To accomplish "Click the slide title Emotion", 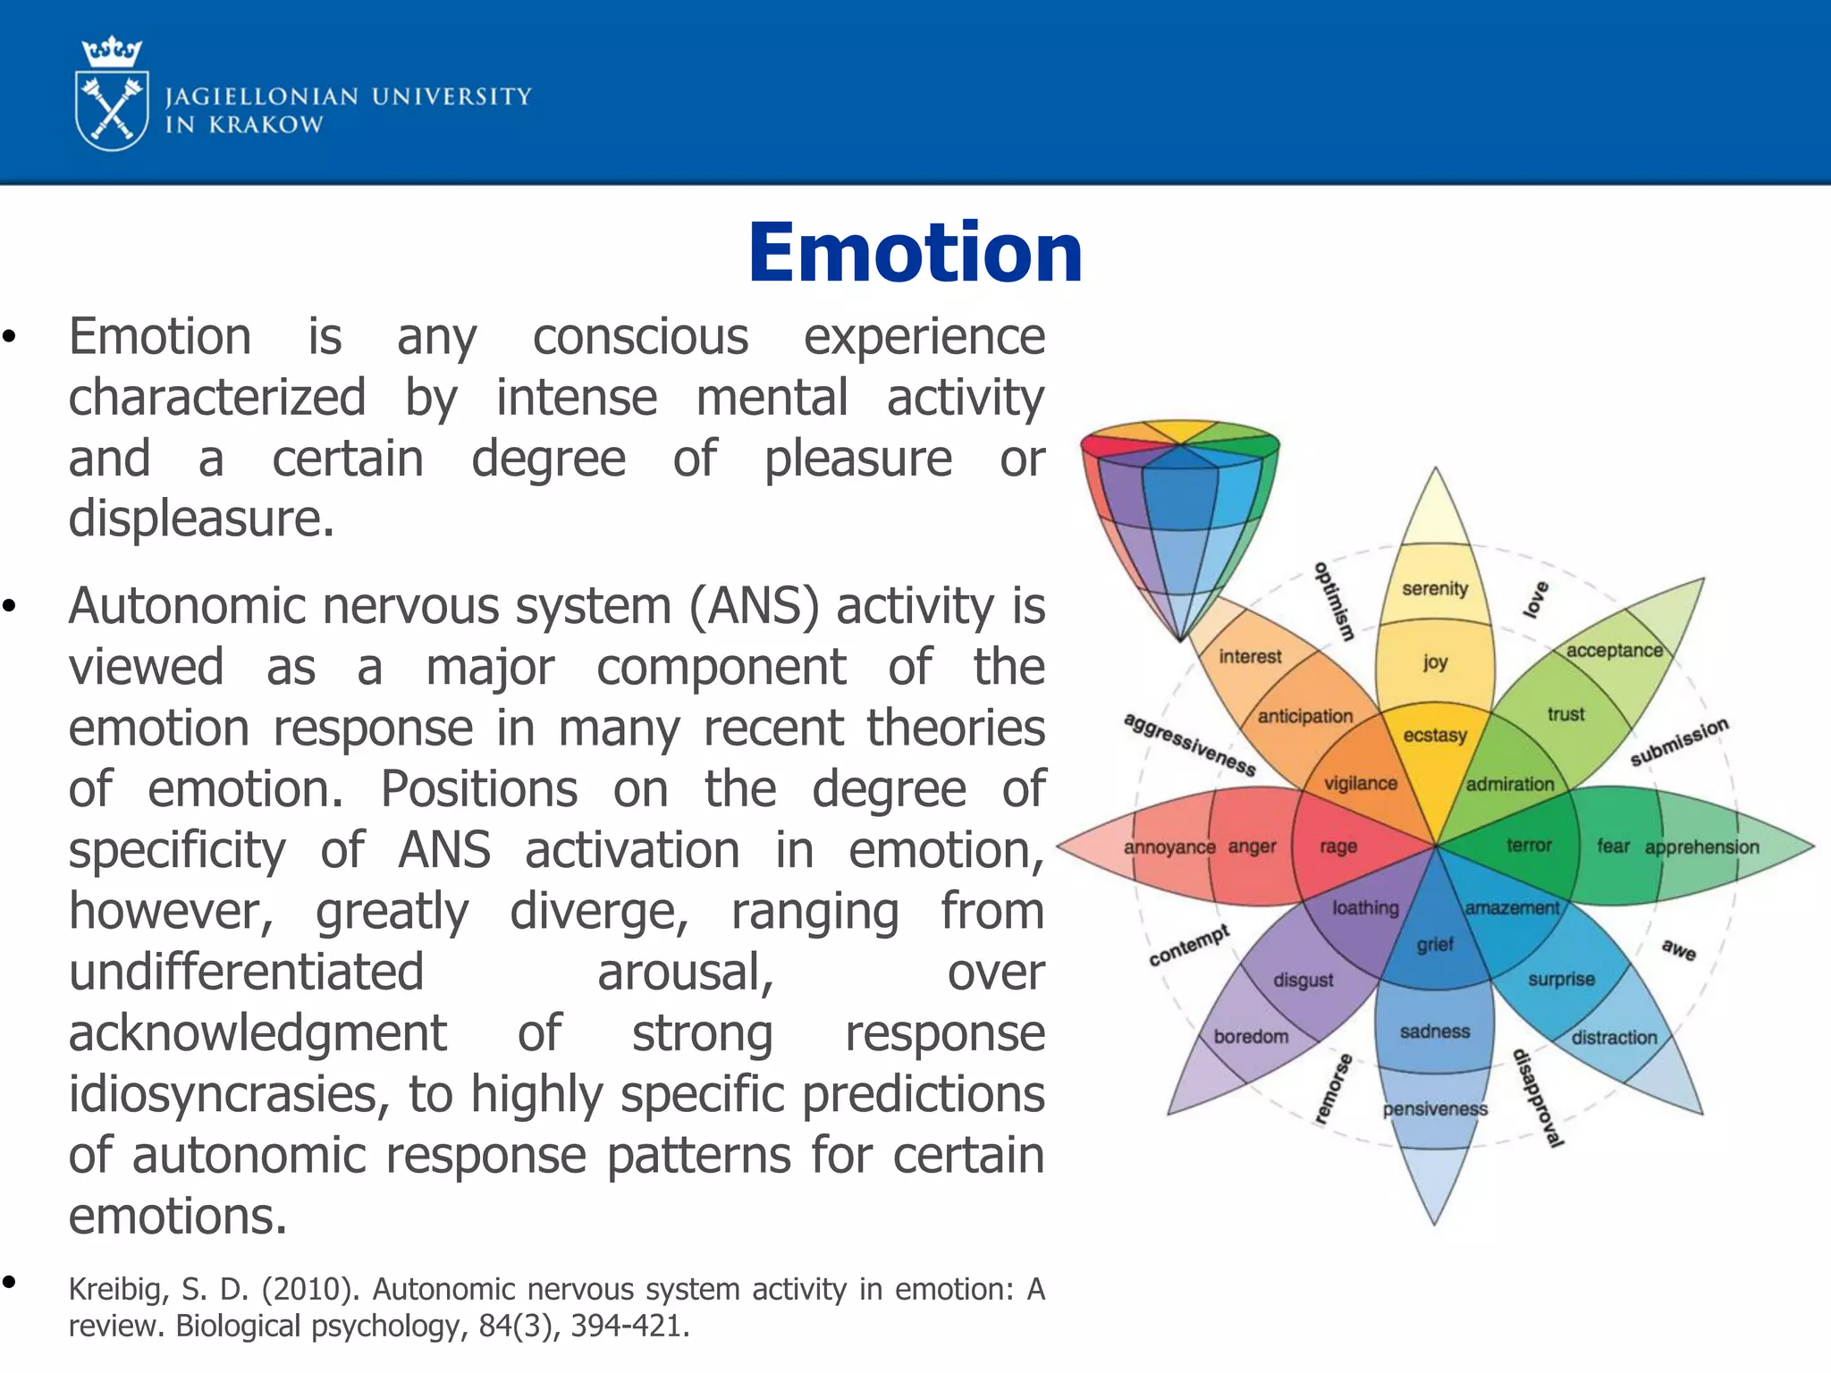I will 915,253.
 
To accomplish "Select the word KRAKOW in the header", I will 266,125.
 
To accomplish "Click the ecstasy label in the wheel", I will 1435,735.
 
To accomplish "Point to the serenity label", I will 1435,588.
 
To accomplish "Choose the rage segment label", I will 1338,846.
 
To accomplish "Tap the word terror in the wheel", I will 1529,845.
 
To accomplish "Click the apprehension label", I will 1701,847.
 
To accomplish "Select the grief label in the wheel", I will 1435,945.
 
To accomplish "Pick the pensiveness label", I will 1435,1109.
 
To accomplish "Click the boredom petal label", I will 1251,1036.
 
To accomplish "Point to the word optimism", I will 1334,601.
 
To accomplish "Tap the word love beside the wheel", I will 1536,599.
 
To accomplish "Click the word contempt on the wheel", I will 1189,946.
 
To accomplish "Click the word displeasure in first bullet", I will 201,518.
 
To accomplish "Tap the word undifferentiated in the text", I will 246,973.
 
